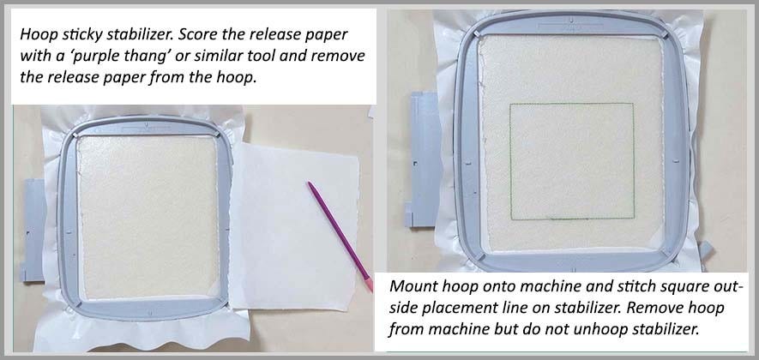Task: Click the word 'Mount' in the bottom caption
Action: (x=413, y=288)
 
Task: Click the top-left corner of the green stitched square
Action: (x=510, y=105)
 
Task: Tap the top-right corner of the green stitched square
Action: (x=634, y=105)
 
